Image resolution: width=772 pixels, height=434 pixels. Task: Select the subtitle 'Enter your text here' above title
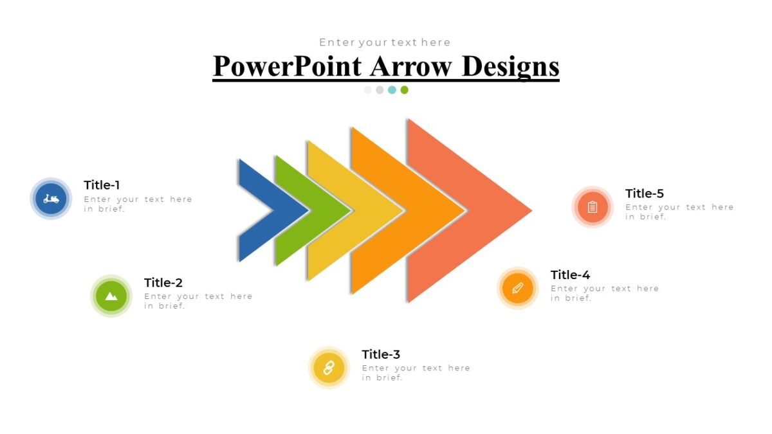coord(385,42)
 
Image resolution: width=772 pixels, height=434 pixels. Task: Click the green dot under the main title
coord(404,90)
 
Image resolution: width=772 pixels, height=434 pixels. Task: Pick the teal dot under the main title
coord(392,90)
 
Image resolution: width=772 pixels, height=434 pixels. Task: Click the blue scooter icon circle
coord(51,199)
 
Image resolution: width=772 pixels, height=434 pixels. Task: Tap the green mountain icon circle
coord(111,296)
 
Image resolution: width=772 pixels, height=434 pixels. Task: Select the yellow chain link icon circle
coord(329,368)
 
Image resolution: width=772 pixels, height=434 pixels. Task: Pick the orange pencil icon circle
coord(518,288)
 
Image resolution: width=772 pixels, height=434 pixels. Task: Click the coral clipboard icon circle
coord(593,207)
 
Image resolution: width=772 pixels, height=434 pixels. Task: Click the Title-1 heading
coord(102,185)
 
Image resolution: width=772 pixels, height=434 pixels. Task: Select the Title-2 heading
coord(163,282)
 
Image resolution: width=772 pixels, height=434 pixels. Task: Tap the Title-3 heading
coord(381,354)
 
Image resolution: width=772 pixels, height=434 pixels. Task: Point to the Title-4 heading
coord(570,275)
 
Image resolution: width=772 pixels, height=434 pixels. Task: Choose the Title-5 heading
coord(644,193)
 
